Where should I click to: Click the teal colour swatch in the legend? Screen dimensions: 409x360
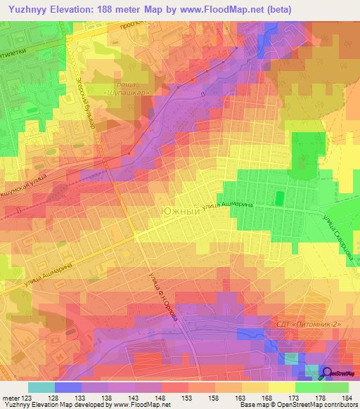pos(41,387)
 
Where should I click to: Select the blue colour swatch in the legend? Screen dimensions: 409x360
pos(68,387)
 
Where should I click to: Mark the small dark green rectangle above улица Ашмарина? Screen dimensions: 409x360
pos(278,198)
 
